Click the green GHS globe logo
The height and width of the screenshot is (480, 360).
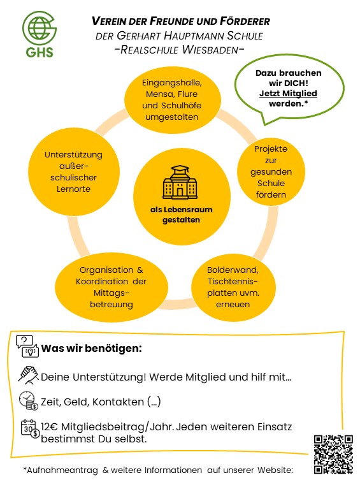click(40, 34)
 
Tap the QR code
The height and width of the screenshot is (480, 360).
click(333, 454)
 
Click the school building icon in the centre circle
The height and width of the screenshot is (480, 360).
click(180, 183)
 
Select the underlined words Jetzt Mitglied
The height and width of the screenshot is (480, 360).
click(288, 93)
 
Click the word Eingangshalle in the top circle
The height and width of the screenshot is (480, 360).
click(171, 83)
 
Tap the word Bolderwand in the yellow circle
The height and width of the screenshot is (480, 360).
click(233, 270)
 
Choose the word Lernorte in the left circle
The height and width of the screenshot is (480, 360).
click(73, 189)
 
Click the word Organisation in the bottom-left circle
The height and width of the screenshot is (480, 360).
click(102, 270)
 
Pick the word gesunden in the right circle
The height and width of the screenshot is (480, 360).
click(271, 172)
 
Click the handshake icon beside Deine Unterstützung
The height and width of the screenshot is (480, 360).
click(28, 375)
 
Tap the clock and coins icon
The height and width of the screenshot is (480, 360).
click(29, 400)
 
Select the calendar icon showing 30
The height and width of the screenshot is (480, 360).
click(30, 428)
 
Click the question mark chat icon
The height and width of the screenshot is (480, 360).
click(27, 346)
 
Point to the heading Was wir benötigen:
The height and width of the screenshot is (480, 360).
click(92, 349)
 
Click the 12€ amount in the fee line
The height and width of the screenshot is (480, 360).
click(50, 426)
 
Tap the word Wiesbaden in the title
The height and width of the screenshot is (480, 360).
click(210, 50)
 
